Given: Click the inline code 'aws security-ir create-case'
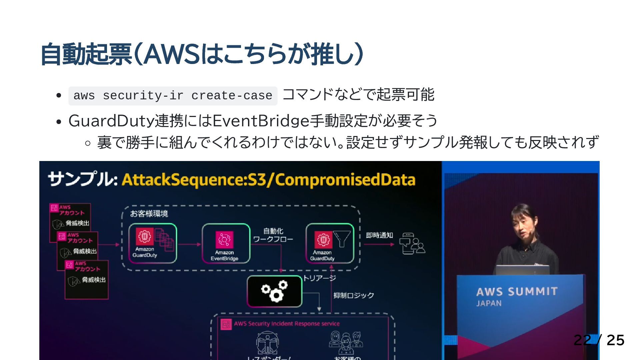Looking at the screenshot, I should pos(173,96).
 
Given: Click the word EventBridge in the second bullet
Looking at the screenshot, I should pos(261,121).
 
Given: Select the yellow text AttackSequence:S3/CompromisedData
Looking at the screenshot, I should pos(268,180).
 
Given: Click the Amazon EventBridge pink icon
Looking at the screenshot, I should pos(224,240).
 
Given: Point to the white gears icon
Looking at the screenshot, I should pos(274,291).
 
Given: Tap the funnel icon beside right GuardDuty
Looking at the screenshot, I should pos(342,239).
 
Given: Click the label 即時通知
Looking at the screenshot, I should pos(379,235).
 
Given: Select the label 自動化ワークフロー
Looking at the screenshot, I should pos(273,235).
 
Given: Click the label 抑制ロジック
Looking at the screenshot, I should pos(354,295).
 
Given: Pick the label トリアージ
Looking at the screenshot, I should pos(319,278).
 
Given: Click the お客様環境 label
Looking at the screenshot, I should pos(149,214).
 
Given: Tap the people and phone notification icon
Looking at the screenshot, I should pos(412,244).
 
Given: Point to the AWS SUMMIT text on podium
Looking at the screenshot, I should pos(517,292).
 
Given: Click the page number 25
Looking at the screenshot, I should pos(615,340).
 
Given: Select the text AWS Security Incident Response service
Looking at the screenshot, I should pos(287,324).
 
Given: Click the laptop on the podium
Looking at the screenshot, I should pos(522,270).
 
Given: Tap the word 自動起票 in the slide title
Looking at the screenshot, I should pos(86,54).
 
